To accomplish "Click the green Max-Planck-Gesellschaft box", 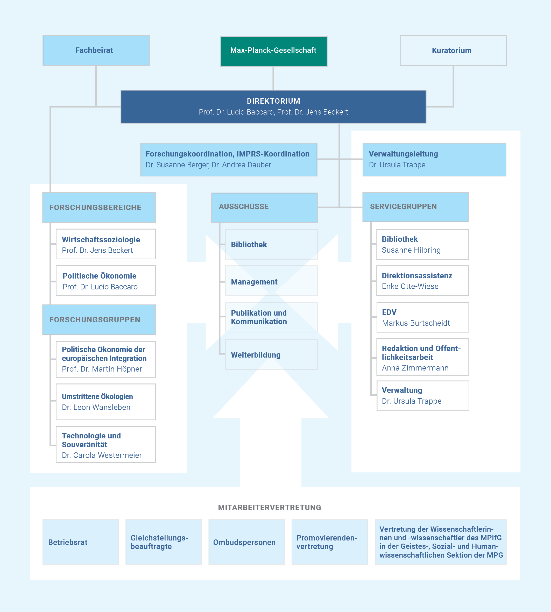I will coord(273,51).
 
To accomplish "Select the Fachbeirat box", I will coord(96,51).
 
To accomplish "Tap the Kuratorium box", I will coord(453,51).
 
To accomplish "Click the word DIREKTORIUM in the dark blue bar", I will coord(273,101).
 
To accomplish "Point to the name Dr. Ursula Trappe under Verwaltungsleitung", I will coord(397,165).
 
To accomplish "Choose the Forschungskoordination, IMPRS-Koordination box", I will coord(229,160).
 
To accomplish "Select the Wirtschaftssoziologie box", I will coord(106,244).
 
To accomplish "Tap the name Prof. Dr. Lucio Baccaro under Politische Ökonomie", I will coord(100,287).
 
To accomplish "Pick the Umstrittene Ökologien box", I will coord(106,402).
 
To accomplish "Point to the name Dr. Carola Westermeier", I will coord(102,455).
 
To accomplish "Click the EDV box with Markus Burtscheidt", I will coord(423,317).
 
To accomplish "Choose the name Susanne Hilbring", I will coord(411,250).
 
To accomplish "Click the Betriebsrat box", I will coord(81,542).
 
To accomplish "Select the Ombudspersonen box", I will coord(246,542).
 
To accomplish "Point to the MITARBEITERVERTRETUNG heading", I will coord(270,508).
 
